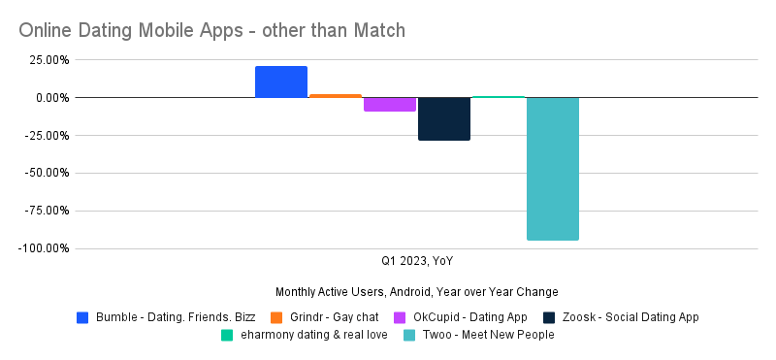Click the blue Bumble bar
tap(281, 82)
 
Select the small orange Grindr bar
tap(336, 96)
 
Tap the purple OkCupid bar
tap(390, 104)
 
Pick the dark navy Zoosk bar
tap(444, 118)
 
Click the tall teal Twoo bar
tap(553, 169)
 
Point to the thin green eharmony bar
tap(499, 97)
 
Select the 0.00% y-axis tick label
tap(49, 98)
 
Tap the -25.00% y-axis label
tap(45, 136)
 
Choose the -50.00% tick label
tap(45, 174)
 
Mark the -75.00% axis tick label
tap(45, 211)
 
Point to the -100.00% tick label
tap(43, 248)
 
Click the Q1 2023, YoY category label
tap(417, 261)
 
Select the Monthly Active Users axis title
tap(417, 292)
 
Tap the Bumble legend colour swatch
tap(82, 317)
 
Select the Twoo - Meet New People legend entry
tap(486, 336)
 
